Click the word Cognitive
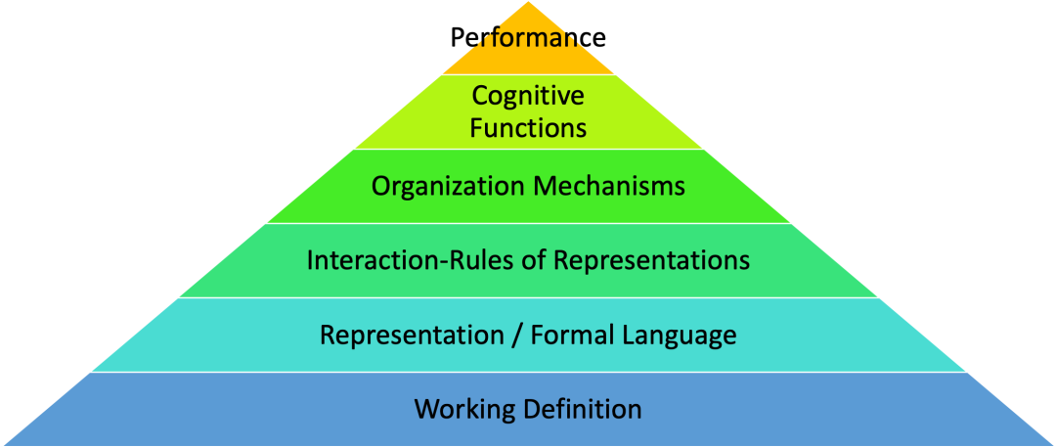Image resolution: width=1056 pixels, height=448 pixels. [x=528, y=96]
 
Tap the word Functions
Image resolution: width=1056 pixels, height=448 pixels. [x=528, y=128]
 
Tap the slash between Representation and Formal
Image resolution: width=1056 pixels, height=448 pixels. [x=516, y=336]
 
